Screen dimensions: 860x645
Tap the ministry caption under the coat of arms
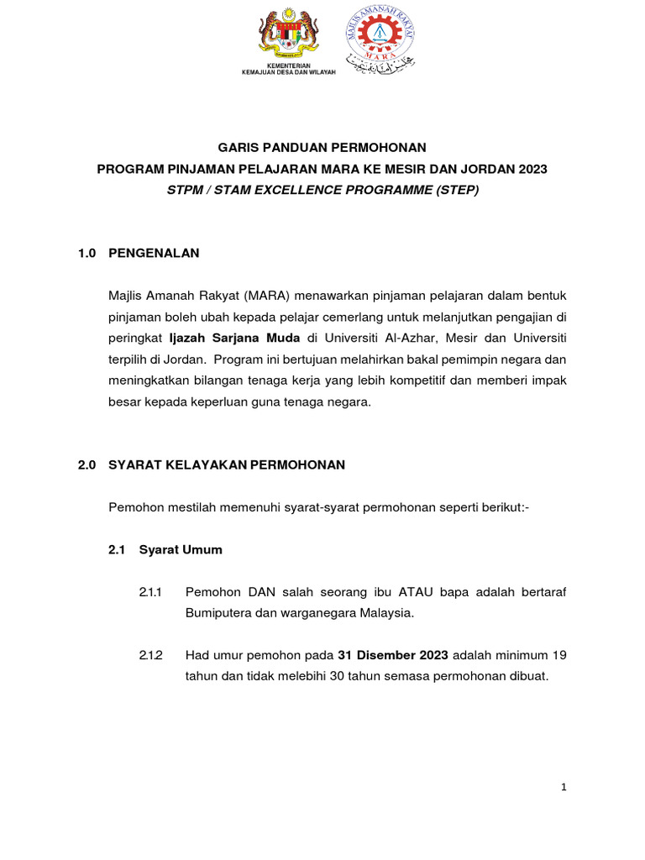pos(288,70)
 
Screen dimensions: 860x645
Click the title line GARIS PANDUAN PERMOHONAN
pos(322,147)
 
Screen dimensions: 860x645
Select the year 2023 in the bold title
pos(532,169)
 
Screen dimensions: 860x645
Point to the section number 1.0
pos(87,252)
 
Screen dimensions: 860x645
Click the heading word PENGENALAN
pos(154,252)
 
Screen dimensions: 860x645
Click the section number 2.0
pos(87,464)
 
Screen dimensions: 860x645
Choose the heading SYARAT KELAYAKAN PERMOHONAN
pos(227,464)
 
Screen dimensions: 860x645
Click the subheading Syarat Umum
pos(181,550)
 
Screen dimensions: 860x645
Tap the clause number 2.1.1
pos(151,592)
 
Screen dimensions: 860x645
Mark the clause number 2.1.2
pos(151,655)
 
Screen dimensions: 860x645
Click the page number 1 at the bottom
pos(564,787)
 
